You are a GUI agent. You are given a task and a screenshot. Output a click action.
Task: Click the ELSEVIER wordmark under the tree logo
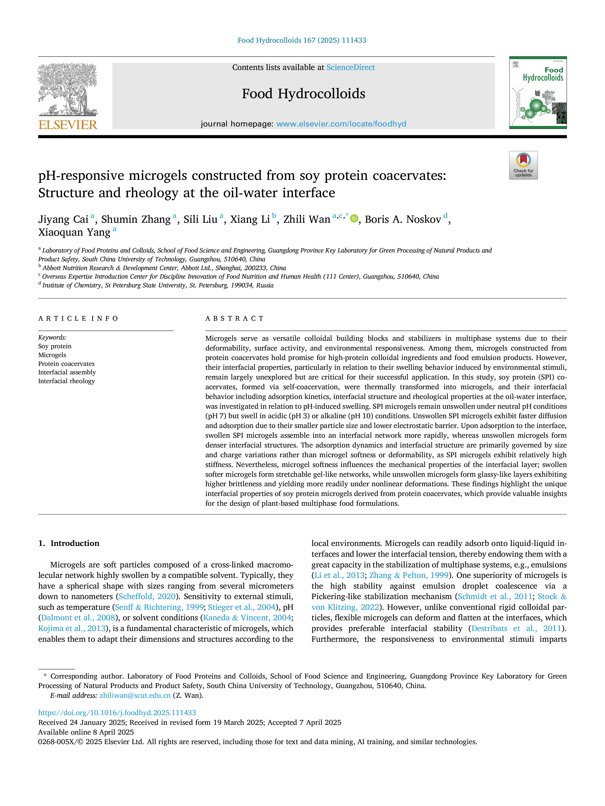coord(68,125)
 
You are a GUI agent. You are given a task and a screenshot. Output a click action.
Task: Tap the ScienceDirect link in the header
coord(351,68)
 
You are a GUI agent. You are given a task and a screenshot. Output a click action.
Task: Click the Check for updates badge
coord(523,165)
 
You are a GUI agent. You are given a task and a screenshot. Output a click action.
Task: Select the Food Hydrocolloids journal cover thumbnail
coord(538,93)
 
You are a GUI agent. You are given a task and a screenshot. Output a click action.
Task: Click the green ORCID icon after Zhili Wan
coord(354,219)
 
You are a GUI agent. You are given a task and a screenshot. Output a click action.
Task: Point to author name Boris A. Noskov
coord(403,219)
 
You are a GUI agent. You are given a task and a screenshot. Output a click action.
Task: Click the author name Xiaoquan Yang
coord(74,233)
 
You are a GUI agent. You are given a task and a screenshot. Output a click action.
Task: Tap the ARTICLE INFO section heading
coord(78,319)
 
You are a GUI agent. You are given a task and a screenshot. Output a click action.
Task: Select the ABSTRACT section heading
coord(234,319)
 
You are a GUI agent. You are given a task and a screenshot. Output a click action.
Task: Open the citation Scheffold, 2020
coord(147,596)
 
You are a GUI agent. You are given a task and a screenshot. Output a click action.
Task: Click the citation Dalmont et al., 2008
coord(78,618)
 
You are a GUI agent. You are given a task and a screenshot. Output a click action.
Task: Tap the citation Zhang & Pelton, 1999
coord(409,575)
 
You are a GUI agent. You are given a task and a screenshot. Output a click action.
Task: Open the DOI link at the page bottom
coord(117,713)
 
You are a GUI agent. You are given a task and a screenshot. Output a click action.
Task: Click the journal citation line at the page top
coord(302,40)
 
